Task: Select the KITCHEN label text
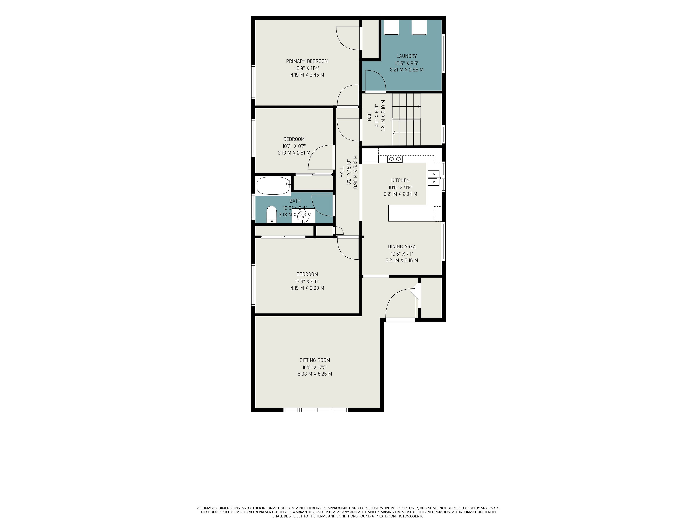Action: pyautogui.click(x=400, y=180)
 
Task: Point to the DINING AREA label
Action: pyautogui.click(x=402, y=247)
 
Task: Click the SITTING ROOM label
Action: pyautogui.click(x=315, y=360)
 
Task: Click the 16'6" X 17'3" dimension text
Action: pyautogui.click(x=315, y=367)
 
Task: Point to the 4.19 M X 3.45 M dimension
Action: pyautogui.click(x=307, y=75)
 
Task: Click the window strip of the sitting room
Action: pyautogui.click(x=316, y=410)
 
